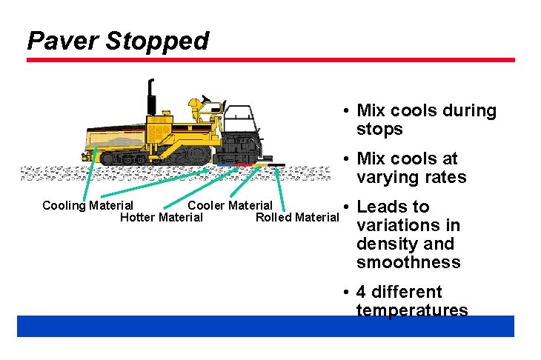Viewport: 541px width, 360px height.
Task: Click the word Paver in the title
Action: click(63, 40)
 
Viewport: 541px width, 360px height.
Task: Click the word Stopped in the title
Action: click(157, 40)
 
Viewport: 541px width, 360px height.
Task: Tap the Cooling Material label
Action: click(87, 205)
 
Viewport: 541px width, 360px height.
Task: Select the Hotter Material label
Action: click(161, 217)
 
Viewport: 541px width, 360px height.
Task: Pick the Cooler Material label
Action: click(230, 205)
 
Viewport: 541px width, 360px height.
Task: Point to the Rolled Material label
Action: click(296, 217)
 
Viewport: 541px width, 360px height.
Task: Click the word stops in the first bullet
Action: click(379, 130)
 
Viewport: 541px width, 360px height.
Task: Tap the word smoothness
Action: click(408, 263)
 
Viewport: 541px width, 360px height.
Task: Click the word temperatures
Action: click(412, 310)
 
